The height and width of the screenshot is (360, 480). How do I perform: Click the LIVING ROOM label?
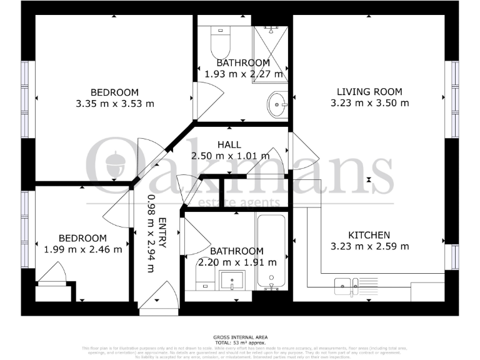(x=369, y=92)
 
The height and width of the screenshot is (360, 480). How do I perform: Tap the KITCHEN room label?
(x=369, y=235)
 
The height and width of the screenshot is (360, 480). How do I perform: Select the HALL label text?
(x=229, y=145)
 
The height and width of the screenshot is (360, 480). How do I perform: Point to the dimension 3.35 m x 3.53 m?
(x=114, y=104)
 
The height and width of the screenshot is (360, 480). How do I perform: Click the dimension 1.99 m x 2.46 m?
(x=82, y=249)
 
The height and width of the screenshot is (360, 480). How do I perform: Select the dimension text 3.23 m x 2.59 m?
(x=369, y=246)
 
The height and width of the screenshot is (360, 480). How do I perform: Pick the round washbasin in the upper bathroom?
(x=277, y=103)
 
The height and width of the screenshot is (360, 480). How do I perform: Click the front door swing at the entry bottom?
(x=159, y=296)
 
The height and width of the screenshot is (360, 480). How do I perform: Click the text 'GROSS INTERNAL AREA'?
(x=239, y=336)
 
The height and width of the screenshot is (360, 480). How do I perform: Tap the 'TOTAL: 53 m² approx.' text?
(x=239, y=342)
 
